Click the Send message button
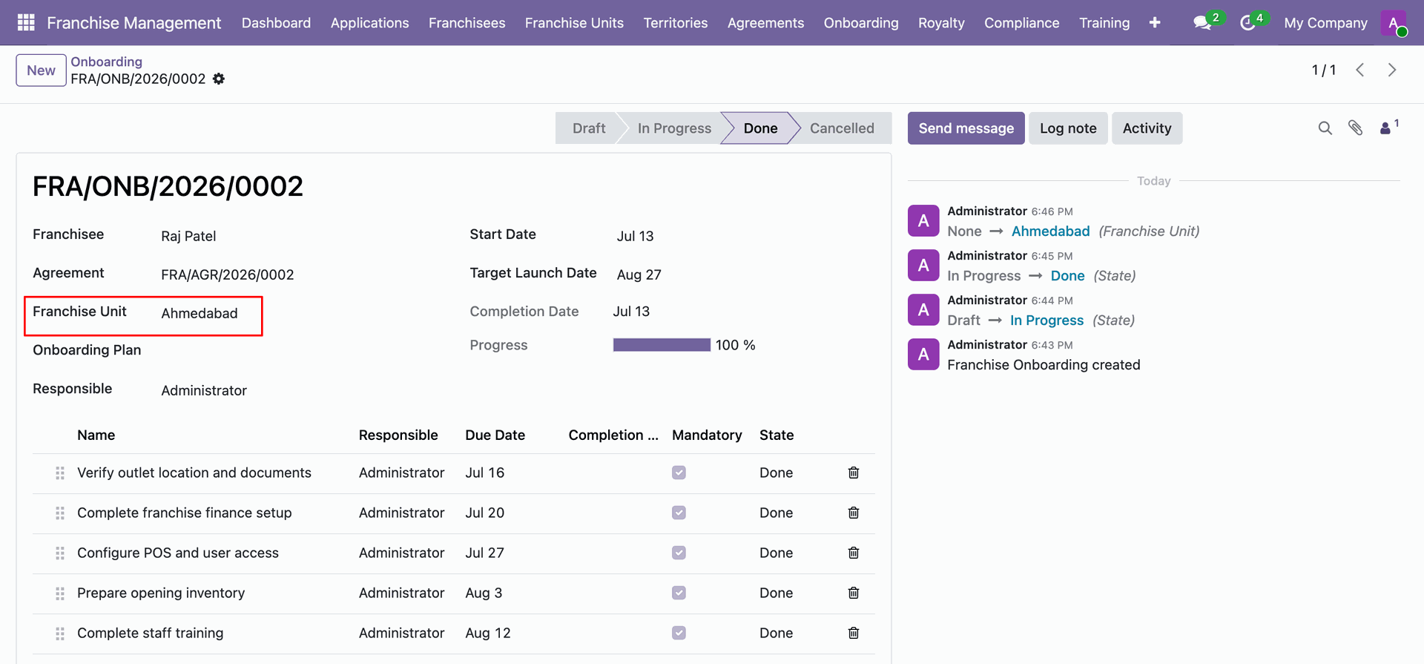pos(966,128)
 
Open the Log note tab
pos(1068,128)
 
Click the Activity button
pos(1147,128)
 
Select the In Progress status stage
pos(674,128)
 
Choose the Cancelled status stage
pos(842,128)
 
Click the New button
pos(41,70)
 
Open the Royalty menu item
pos(941,23)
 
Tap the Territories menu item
pos(676,23)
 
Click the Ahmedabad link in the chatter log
pos(1050,231)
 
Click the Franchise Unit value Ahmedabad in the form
pos(200,313)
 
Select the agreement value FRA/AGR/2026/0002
pos(228,275)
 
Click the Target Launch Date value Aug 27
pos(639,275)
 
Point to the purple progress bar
pos(662,345)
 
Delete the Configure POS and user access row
pos(854,553)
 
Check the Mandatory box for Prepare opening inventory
pos(679,593)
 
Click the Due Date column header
pos(495,435)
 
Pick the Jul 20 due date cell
pos(485,513)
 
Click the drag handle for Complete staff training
pos(60,634)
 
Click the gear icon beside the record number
pos(219,79)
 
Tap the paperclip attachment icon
pos(1355,128)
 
